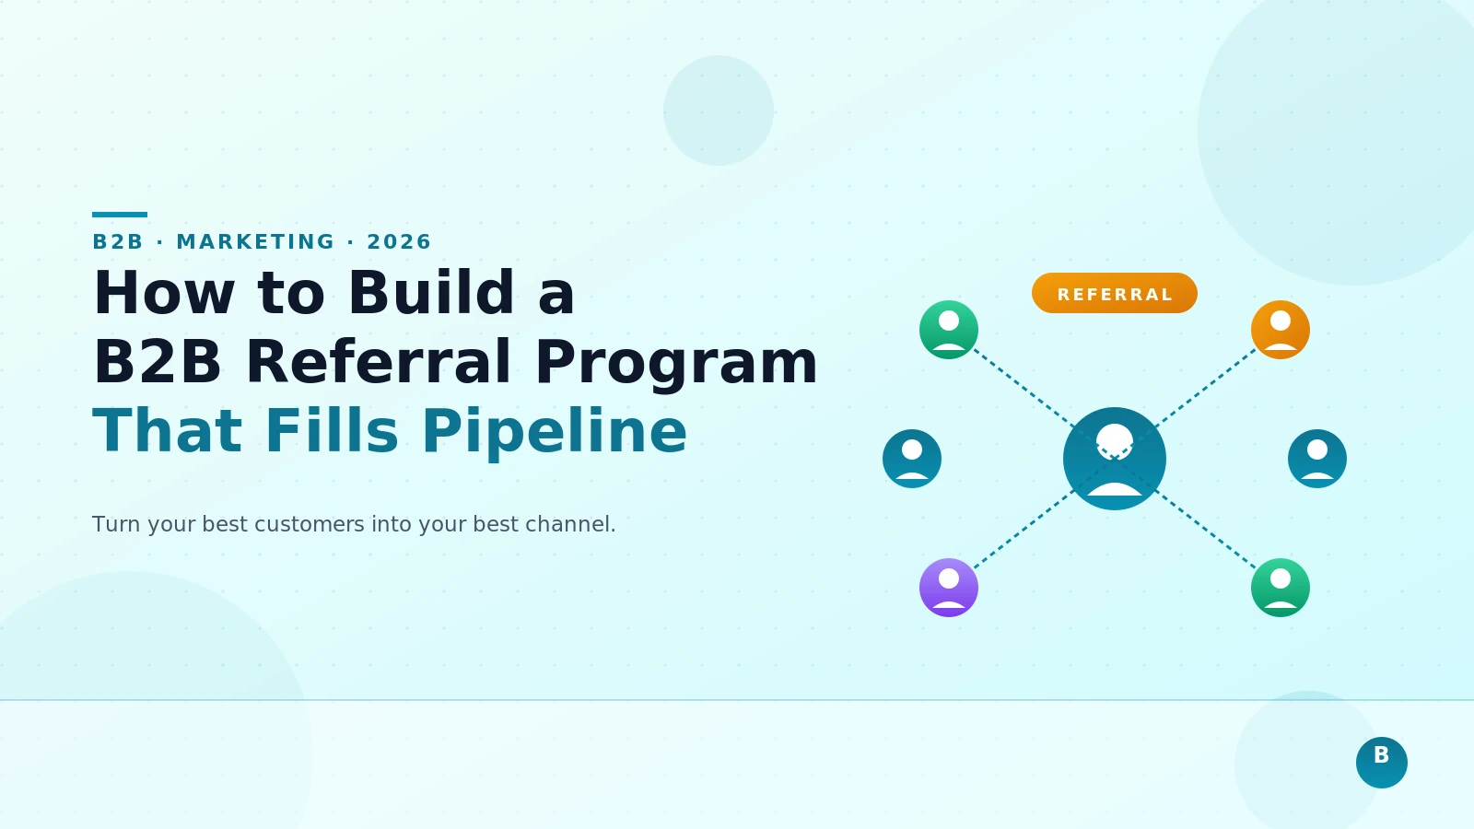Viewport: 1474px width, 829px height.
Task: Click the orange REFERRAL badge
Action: (x=1115, y=293)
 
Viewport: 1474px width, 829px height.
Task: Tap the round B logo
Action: (x=1381, y=762)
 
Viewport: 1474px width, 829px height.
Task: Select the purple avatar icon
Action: (x=949, y=588)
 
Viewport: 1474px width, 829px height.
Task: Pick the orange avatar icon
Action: (x=1281, y=330)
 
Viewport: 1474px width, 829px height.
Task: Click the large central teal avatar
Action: (x=1115, y=459)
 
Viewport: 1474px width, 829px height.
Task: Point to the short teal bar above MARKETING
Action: (x=120, y=215)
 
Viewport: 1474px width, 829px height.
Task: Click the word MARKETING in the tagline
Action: (x=255, y=242)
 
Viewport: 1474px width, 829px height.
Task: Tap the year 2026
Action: (x=399, y=242)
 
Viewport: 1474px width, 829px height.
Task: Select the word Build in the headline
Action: (x=431, y=293)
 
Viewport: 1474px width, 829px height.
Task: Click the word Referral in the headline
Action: (x=378, y=362)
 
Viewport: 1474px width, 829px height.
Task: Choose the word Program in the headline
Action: (x=676, y=362)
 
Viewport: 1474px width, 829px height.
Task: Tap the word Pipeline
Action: (x=555, y=431)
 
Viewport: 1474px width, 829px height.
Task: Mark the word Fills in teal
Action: (x=332, y=431)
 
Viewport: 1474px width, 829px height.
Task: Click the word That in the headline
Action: (x=167, y=431)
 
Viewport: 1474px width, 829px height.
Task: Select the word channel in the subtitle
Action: (x=568, y=524)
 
